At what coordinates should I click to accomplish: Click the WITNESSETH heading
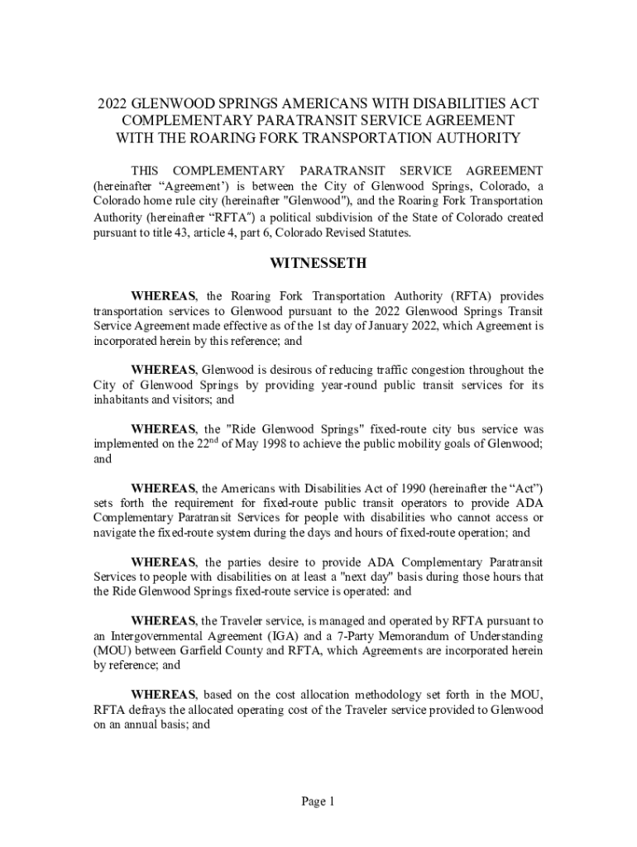coord(318,265)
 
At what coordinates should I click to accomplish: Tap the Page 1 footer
coord(318,802)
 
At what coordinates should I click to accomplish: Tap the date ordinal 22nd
coord(207,443)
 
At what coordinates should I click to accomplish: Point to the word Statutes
coord(384,233)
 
